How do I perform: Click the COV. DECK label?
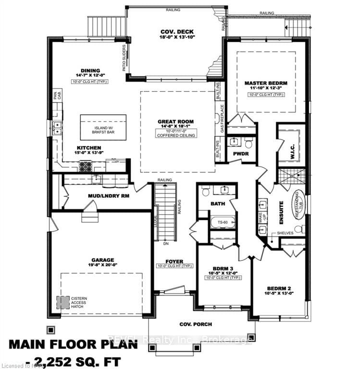click(x=174, y=33)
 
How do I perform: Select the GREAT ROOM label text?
click(x=177, y=122)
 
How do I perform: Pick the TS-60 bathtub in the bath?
click(x=222, y=222)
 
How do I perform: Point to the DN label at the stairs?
click(x=165, y=244)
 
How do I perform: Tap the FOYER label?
click(x=174, y=261)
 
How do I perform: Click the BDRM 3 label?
click(x=223, y=269)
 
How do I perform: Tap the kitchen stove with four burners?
click(x=86, y=166)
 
